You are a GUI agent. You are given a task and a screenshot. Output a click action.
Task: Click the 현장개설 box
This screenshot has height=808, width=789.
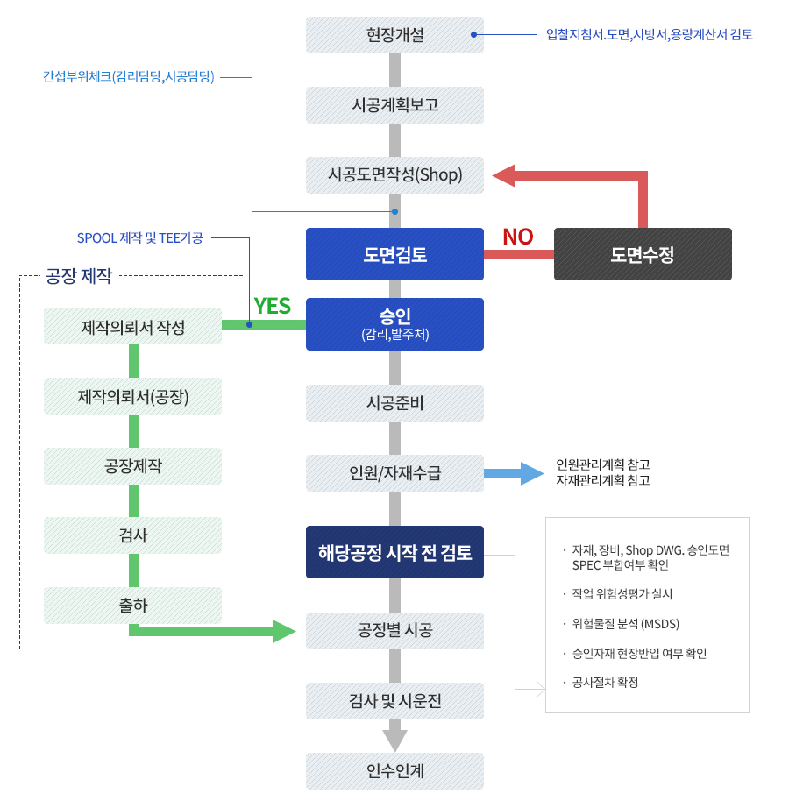[394, 35]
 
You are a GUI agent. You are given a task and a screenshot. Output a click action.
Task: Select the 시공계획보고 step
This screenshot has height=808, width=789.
[394, 105]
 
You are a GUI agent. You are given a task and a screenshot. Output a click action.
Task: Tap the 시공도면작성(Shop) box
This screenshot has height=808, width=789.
[394, 174]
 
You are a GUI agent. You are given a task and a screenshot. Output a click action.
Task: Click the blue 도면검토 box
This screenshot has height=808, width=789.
[394, 254]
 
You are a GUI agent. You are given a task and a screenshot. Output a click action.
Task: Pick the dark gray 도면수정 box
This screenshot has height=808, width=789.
[643, 254]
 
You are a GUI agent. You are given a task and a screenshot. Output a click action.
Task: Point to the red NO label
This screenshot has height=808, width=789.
[517, 237]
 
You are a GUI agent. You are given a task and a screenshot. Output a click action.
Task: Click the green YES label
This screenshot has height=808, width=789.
[272, 306]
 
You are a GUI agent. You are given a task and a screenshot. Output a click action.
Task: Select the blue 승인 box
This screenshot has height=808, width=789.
[394, 323]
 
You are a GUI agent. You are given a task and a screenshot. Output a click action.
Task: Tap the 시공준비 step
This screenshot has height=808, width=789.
[394, 403]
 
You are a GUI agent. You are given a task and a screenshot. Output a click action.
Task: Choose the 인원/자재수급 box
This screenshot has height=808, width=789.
[394, 473]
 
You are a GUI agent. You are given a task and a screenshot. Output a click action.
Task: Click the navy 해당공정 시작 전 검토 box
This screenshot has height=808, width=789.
[394, 552]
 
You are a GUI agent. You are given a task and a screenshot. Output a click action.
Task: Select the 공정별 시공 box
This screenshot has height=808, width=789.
[394, 631]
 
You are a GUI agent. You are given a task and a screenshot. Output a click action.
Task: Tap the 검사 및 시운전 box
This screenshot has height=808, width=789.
[394, 701]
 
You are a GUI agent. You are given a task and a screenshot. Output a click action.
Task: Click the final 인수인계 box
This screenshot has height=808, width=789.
[394, 771]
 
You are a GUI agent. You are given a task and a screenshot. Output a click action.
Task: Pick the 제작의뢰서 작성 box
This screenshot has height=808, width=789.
[132, 326]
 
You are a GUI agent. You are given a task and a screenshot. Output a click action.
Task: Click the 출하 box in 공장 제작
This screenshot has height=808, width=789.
[132, 606]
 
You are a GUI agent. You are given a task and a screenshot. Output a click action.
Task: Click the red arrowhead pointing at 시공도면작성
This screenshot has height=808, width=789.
[504, 175]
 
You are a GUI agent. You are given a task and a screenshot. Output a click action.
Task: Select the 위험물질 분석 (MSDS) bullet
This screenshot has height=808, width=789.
[625, 624]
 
